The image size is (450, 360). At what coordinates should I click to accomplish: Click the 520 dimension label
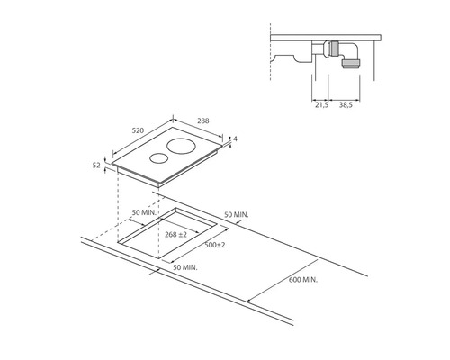[139, 130]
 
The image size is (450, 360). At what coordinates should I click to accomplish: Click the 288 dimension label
[203, 121]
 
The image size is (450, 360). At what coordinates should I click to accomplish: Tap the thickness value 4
[235, 139]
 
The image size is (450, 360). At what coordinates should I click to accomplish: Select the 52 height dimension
[96, 165]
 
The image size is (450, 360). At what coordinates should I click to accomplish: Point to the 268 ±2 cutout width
[175, 234]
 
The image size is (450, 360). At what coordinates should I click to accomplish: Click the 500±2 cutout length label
[215, 245]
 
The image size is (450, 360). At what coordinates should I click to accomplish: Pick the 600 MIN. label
[303, 280]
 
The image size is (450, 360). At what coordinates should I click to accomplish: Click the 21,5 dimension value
[321, 105]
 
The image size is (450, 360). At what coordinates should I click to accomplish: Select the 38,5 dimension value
[346, 105]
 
